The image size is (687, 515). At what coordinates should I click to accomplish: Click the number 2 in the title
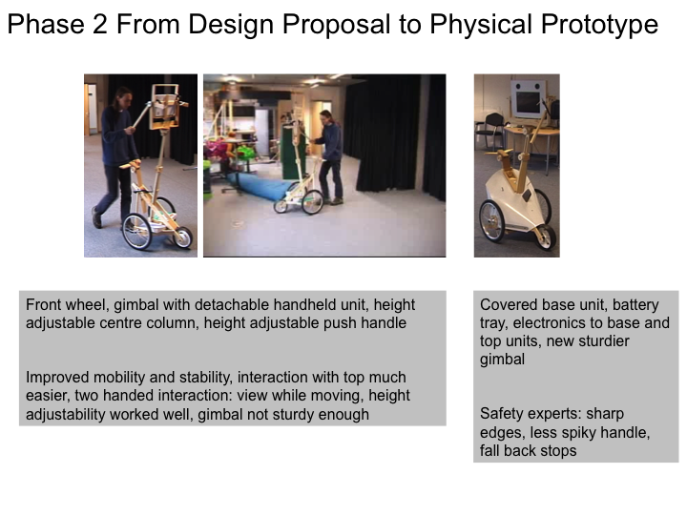[99, 24]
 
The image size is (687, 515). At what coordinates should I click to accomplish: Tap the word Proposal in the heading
[336, 25]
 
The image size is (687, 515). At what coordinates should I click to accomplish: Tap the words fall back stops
[528, 450]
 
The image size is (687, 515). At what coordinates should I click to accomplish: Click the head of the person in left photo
[122, 97]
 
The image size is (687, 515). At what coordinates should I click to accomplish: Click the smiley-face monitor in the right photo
[528, 99]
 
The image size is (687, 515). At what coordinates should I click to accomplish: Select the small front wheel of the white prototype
[546, 237]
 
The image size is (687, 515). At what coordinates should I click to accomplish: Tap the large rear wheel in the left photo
[136, 232]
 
